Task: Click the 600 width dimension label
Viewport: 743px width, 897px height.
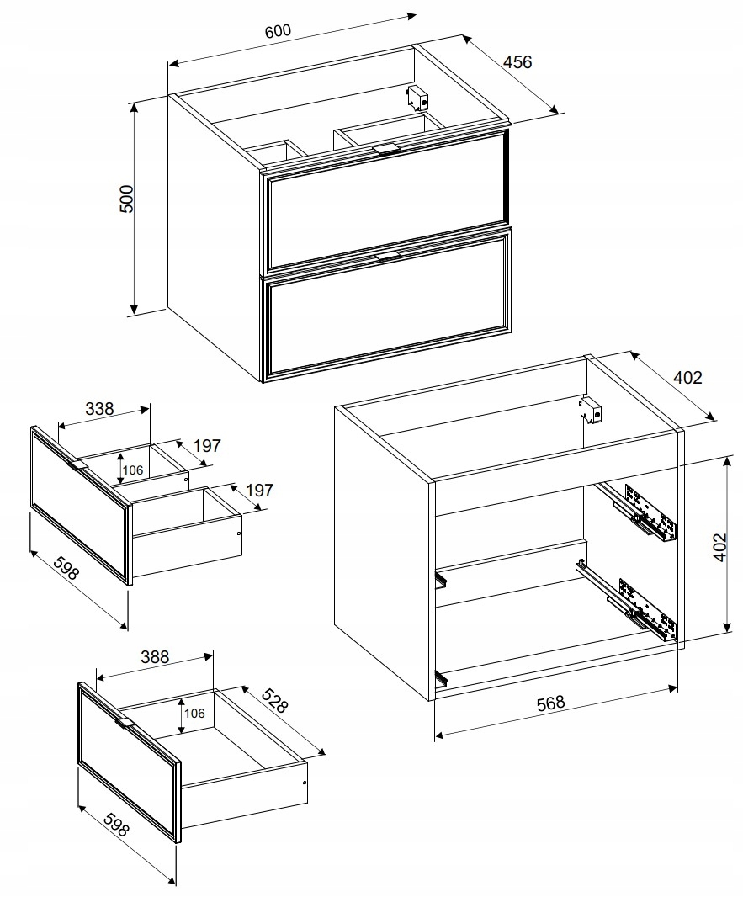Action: pyautogui.click(x=279, y=30)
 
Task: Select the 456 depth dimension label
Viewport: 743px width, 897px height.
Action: pyautogui.click(x=517, y=61)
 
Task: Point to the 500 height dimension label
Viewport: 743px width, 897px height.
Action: pyautogui.click(x=126, y=199)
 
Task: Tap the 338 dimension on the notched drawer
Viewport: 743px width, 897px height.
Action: pyautogui.click(x=99, y=409)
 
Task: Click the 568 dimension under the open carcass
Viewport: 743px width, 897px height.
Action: pyautogui.click(x=551, y=703)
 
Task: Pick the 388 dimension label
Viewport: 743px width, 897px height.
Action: pyautogui.click(x=155, y=656)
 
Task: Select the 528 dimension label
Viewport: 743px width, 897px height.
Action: pyautogui.click(x=274, y=699)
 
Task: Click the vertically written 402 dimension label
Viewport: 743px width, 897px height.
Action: pyautogui.click(x=719, y=548)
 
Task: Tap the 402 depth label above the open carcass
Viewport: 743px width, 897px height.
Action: pyautogui.click(x=687, y=378)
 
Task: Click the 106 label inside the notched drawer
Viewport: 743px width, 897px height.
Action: pyautogui.click(x=133, y=470)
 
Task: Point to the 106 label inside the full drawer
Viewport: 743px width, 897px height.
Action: pyautogui.click(x=194, y=714)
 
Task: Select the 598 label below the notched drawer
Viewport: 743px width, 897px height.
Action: pyautogui.click(x=65, y=568)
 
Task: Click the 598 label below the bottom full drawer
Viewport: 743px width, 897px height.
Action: pyautogui.click(x=116, y=822)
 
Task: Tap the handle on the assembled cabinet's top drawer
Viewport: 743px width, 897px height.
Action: pyautogui.click(x=385, y=149)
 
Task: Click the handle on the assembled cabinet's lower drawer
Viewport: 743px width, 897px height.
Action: pyautogui.click(x=388, y=255)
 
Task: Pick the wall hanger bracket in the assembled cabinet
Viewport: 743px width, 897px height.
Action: pyautogui.click(x=418, y=98)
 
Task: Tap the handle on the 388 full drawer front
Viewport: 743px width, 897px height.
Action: pyautogui.click(x=124, y=723)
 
